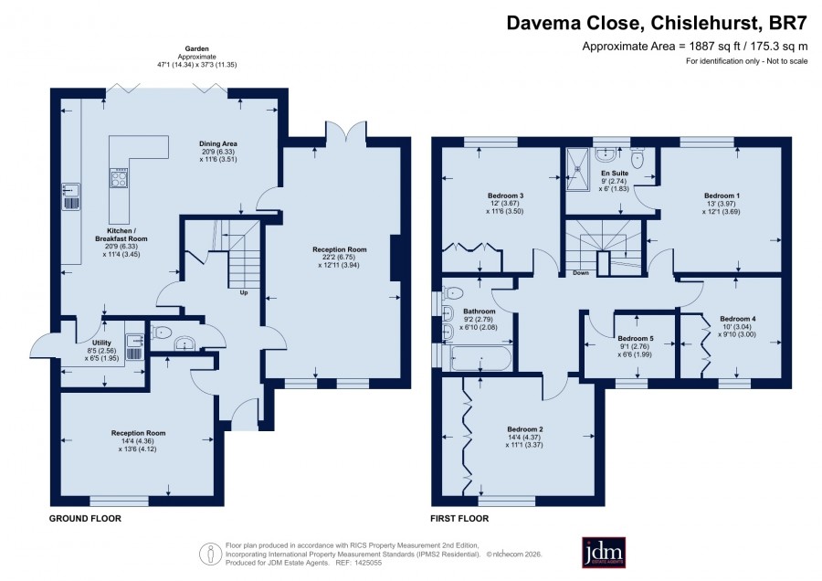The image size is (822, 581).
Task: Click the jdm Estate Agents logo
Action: (x=604, y=552)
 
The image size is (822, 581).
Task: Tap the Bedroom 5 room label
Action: (x=636, y=339)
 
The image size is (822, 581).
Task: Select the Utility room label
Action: (x=101, y=343)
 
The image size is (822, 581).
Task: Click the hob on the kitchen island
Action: (x=119, y=178)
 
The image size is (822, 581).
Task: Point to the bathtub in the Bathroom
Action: (x=480, y=358)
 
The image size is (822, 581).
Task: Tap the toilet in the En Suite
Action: (x=637, y=156)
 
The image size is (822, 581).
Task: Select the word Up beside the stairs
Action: (x=244, y=292)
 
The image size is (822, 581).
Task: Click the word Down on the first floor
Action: (x=581, y=272)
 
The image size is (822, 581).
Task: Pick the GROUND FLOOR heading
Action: (x=85, y=519)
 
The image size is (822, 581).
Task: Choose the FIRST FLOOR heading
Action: (x=459, y=519)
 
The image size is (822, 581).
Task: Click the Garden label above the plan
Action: (x=196, y=48)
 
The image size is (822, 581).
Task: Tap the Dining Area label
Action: (x=218, y=143)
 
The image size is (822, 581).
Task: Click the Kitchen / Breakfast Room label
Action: (x=121, y=235)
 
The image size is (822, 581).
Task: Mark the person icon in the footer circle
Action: (x=211, y=554)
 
